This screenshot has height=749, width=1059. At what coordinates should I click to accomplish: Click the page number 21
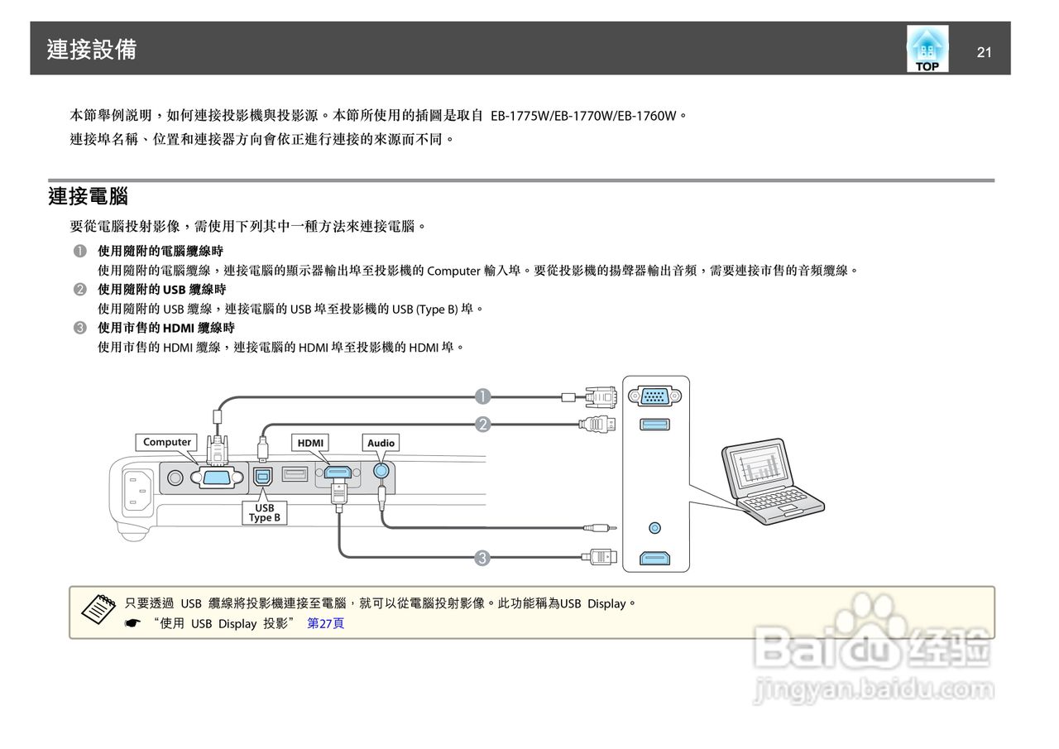coord(984,53)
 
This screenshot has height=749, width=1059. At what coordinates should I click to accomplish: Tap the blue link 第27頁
coord(325,623)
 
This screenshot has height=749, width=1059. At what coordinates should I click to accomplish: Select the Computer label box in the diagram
coord(167,442)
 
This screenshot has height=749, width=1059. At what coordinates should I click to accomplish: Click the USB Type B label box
coord(265,512)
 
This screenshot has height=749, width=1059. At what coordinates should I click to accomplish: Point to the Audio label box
coord(381,443)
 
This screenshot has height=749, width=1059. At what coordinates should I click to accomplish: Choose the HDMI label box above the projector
coord(310,443)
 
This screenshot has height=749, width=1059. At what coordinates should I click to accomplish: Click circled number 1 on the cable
coord(482,396)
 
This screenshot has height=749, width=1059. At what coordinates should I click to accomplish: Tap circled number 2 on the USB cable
coord(482,425)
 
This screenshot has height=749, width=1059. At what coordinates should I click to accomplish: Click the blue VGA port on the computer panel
coord(655,397)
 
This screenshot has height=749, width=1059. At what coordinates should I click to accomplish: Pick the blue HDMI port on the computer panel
coord(655,559)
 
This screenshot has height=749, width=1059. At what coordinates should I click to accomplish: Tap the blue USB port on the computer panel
coord(655,425)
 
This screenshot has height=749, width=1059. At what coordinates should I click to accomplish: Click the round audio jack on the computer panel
coord(655,527)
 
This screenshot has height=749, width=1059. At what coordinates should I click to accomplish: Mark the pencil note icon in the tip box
coord(98,609)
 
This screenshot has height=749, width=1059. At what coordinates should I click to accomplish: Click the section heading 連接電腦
coord(88,197)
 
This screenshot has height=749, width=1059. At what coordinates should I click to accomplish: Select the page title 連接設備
coord(92,50)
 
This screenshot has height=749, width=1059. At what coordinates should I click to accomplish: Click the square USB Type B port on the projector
coord(264,477)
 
